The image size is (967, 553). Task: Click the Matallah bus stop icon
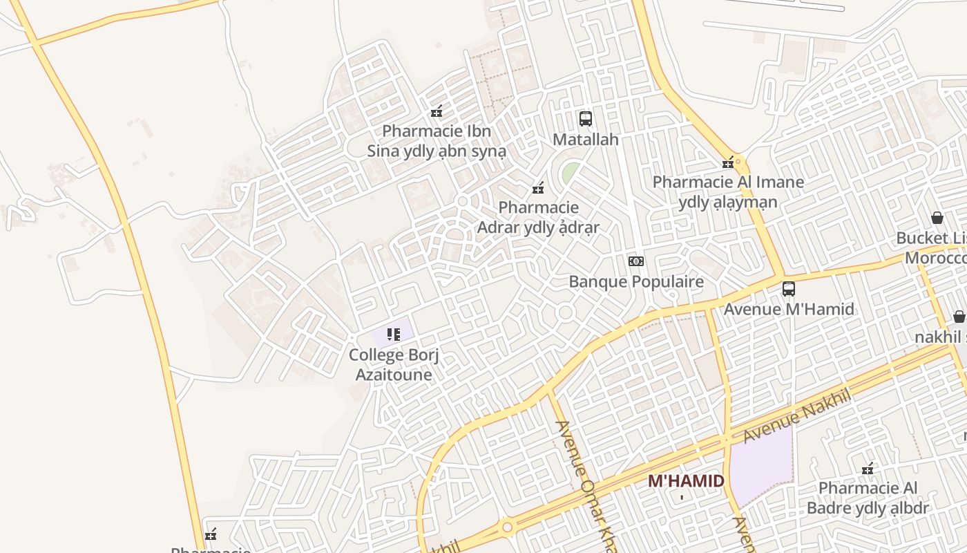click(586, 119)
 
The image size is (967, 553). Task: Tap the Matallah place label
click(586, 140)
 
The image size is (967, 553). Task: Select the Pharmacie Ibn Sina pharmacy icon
click(437, 111)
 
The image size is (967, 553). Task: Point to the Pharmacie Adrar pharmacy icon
click(538, 187)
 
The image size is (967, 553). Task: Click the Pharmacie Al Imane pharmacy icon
click(728, 162)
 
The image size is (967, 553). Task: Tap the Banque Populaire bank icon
click(636, 261)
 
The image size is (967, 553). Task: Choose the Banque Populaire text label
click(636, 282)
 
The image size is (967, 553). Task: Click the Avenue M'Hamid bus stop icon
click(789, 289)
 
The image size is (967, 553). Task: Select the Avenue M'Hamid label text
click(789, 309)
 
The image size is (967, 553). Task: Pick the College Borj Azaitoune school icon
click(394, 335)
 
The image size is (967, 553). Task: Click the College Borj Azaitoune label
click(394, 365)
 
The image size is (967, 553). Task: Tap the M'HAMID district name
click(686, 481)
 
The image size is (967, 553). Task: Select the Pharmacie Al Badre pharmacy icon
click(868, 469)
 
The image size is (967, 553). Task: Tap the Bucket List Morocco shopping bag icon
click(937, 218)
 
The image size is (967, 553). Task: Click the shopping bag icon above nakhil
click(959, 317)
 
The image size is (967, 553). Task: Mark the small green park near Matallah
click(569, 173)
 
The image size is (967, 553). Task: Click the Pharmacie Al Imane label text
click(728, 192)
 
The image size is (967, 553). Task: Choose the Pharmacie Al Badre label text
click(868, 498)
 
